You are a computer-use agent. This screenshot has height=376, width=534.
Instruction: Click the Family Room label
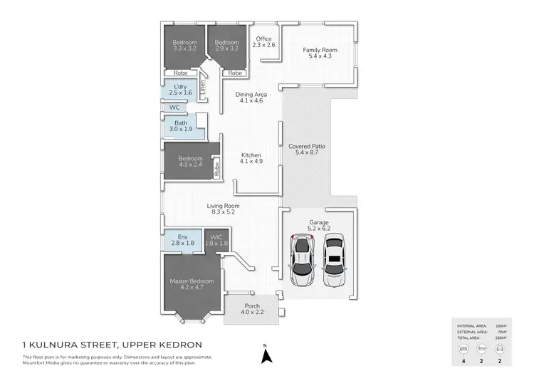(320, 53)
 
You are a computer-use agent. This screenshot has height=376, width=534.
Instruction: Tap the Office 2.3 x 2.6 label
(264, 41)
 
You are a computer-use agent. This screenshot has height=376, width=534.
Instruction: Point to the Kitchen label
(251, 158)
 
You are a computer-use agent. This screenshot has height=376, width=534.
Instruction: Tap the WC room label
(174, 108)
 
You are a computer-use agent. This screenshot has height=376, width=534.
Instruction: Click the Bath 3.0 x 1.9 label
(181, 126)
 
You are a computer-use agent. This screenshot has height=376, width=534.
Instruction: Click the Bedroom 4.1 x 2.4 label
(190, 162)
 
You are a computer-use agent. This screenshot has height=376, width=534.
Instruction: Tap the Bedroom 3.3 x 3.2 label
(184, 45)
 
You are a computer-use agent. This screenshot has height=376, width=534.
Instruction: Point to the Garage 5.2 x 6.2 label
(318, 226)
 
